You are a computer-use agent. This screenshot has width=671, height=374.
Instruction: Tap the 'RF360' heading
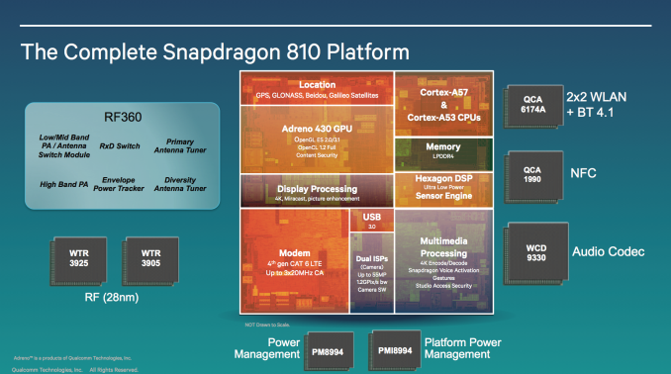pyautogui.click(x=115, y=115)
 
